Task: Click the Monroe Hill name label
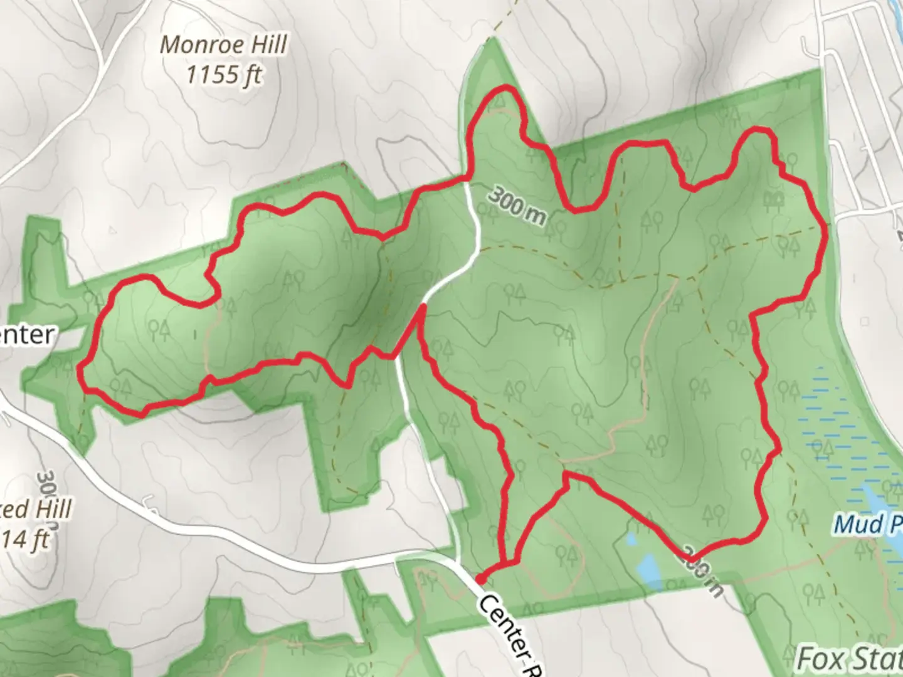(x=224, y=45)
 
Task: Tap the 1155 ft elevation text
(x=224, y=75)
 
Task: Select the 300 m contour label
(x=515, y=205)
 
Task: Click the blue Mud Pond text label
(x=869, y=524)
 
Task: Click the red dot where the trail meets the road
(x=480, y=579)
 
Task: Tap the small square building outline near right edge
(x=865, y=322)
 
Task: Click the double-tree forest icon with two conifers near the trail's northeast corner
(x=775, y=200)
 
